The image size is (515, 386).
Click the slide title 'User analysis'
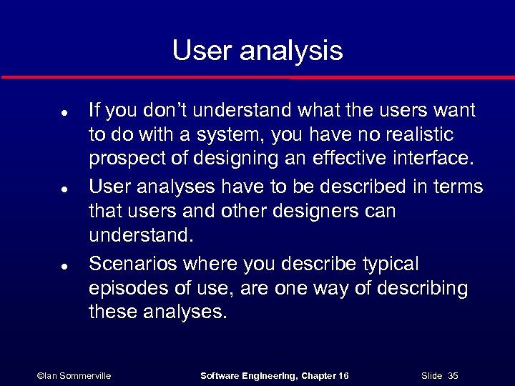[x=257, y=51]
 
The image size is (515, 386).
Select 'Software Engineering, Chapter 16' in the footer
[x=275, y=375]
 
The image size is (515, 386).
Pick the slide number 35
[x=452, y=375]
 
